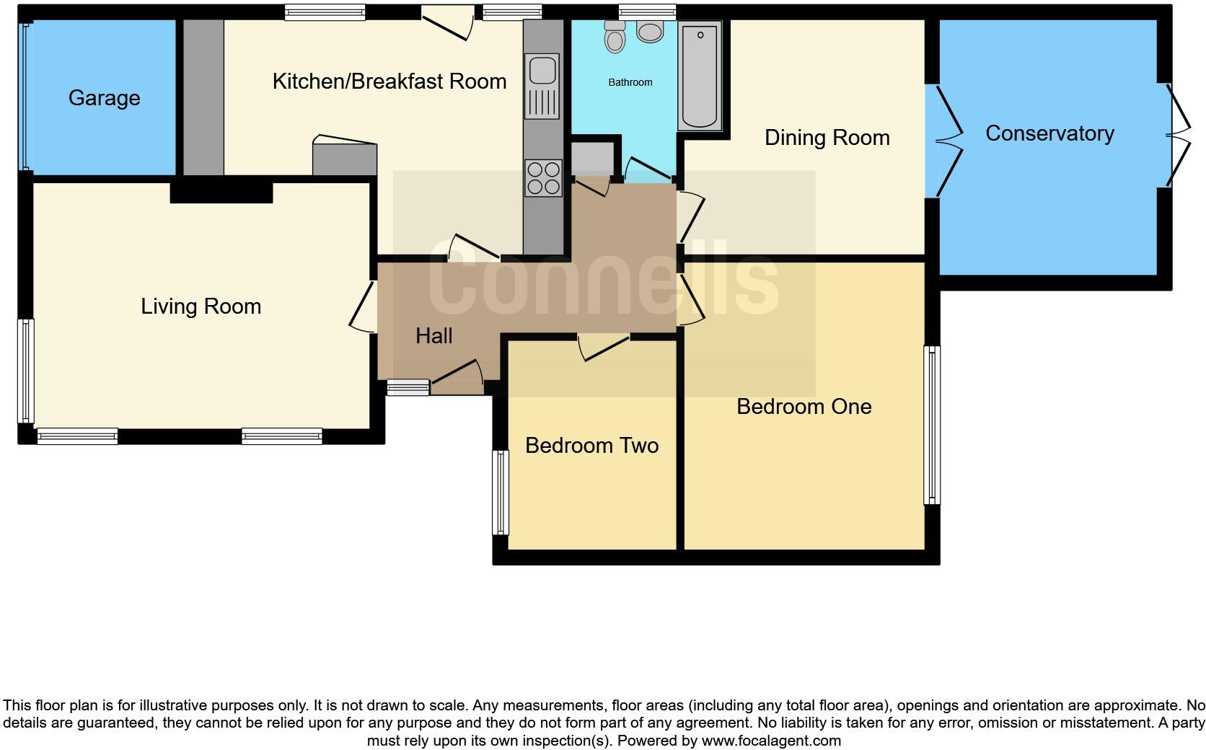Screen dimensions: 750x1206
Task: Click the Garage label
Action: pos(104,98)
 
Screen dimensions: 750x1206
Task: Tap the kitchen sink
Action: pos(542,71)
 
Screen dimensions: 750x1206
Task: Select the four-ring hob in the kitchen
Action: pos(543,178)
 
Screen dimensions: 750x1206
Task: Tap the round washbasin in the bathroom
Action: pos(651,32)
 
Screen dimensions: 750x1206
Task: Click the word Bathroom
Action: pos(630,82)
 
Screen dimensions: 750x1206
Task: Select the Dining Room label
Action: pos(827,138)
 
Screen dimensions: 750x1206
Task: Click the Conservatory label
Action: pos(1049,133)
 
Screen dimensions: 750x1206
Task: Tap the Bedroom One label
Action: pos(804,407)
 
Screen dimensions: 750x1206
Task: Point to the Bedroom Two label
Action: pos(591,446)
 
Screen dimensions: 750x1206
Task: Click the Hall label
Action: pos(433,335)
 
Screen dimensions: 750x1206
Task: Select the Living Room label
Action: pos(201,306)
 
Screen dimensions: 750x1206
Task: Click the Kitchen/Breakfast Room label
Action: pos(389,81)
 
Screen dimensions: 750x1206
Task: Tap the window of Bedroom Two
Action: pos(500,493)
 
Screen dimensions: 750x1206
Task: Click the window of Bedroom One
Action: pos(932,425)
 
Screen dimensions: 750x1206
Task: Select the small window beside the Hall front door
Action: pos(408,388)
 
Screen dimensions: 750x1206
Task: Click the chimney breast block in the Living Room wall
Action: pos(221,192)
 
